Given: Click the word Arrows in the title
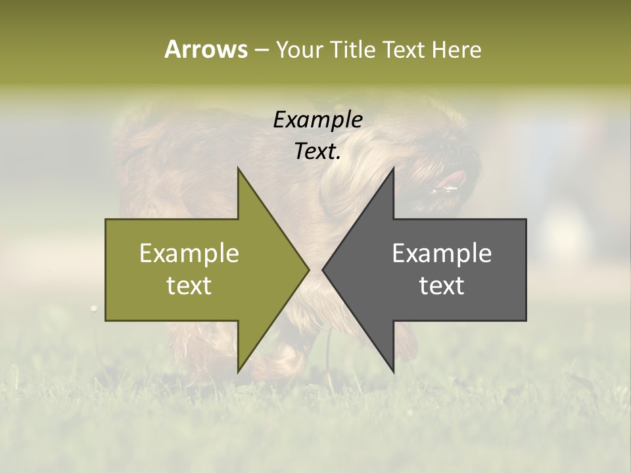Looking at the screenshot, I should click(x=206, y=49).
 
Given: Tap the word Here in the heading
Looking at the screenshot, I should click(x=456, y=49).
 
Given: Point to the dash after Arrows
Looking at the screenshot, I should click(x=261, y=50).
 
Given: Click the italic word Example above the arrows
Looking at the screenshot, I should click(x=317, y=120).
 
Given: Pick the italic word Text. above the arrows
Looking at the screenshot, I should click(x=317, y=152).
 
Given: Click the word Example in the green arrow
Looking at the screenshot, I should click(x=189, y=254).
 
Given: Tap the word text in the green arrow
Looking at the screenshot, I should click(x=189, y=286).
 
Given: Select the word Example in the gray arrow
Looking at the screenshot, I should click(x=442, y=254).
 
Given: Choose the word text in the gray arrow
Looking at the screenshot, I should click(x=442, y=286).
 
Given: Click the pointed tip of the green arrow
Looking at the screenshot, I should click(x=308, y=269).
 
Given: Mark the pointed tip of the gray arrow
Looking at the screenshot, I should click(x=323, y=269).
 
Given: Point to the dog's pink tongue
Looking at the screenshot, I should click(x=452, y=179).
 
